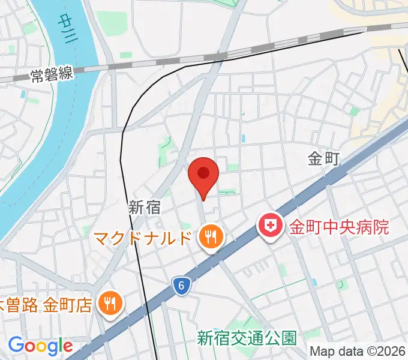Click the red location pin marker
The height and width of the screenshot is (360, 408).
203,175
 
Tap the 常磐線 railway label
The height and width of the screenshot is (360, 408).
52,74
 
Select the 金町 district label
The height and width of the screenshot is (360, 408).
324,159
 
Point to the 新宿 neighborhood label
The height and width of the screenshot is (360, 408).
145,208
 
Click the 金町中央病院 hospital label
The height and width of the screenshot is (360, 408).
340,227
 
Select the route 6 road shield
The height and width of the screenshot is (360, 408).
180,286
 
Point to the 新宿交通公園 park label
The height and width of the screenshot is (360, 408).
247,338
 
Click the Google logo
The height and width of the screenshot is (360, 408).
40,346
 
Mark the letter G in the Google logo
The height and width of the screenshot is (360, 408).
16,345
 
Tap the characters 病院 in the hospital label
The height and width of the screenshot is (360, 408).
375,227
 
